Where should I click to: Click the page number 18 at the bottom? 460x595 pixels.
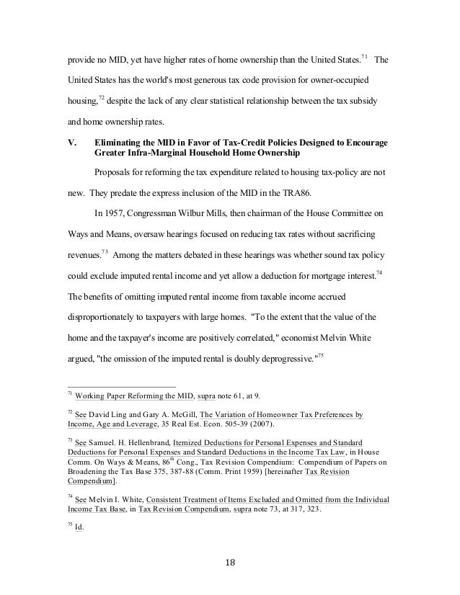coord(229,563)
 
